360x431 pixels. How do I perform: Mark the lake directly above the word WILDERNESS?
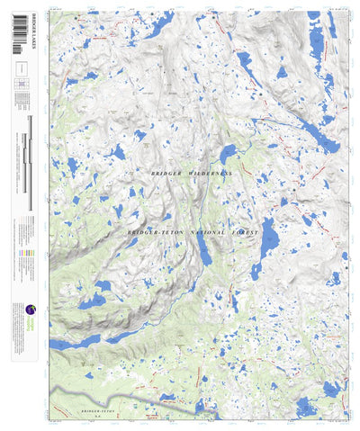click(227, 152)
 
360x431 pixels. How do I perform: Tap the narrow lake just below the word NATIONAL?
click(206, 256)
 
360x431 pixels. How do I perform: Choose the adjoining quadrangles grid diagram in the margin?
click(22, 84)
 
